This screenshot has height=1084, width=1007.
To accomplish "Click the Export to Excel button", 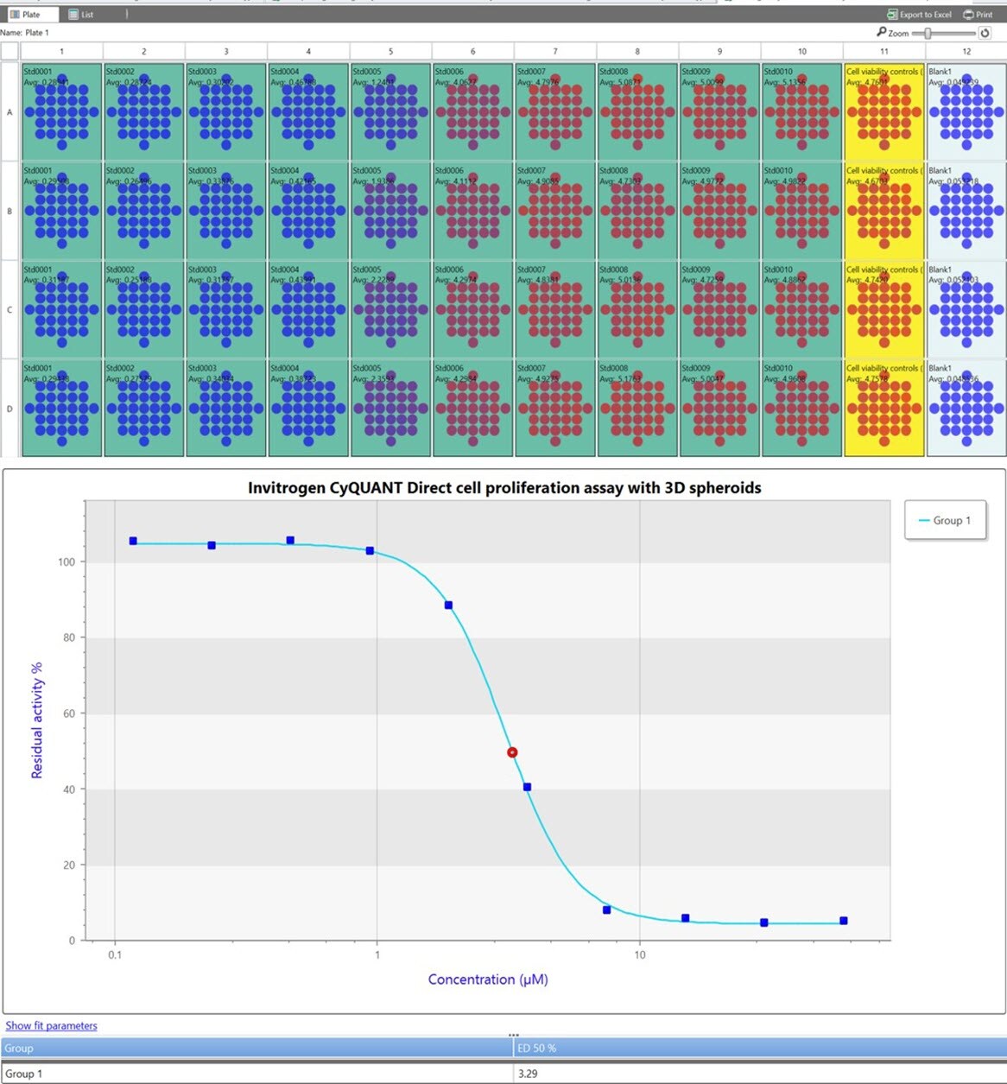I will click(919, 15).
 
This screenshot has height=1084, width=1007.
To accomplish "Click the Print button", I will click(978, 15).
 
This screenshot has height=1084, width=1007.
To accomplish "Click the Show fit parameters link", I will click(51, 1025).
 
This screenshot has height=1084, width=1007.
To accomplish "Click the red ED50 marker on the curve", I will click(512, 752).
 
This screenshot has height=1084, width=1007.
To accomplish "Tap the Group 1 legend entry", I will click(945, 520).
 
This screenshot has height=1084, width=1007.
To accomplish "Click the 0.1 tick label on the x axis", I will click(115, 954).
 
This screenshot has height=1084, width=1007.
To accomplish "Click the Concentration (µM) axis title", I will click(488, 979).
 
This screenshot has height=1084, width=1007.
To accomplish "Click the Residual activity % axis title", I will click(37, 720).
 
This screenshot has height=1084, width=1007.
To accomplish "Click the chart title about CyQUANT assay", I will click(504, 488).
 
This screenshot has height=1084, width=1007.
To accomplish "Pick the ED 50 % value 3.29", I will click(527, 1074).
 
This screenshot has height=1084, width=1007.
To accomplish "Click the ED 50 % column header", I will click(536, 1048).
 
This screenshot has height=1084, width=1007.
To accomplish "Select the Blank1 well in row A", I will click(966, 112).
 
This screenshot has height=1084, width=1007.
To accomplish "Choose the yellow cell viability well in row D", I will click(883, 409).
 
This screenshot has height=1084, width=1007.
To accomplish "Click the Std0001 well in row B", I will click(61, 211).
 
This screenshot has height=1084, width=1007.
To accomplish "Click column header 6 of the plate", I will click(472, 52).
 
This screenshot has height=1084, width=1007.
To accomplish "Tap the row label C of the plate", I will click(9, 309).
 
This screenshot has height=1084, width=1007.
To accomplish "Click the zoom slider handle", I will click(928, 33).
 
